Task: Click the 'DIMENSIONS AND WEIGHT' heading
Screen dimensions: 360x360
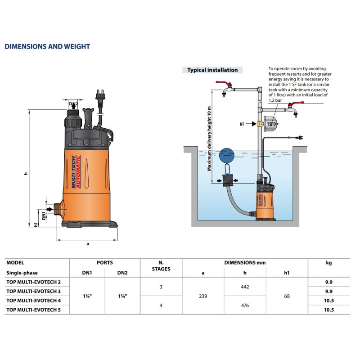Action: pyautogui.click(x=47, y=47)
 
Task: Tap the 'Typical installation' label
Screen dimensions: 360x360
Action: pyautogui.click(x=212, y=70)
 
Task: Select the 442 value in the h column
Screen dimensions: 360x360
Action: pyautogui.click(x=245, y=287)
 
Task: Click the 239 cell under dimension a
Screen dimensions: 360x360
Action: pyautogui.click(x=203, y=296)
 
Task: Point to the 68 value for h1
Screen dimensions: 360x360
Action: pyautogui.click(x=287, y=296)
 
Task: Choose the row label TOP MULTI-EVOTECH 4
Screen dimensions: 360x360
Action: pyautogui.click(x=33, y=300)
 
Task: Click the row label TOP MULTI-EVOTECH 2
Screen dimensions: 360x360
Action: pyautogui.click(x=33, y=282)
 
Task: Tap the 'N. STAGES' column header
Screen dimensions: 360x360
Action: pyautogui.click(x=161, y=266)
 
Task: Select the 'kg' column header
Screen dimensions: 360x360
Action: pyautogui.click(x=328, y=262)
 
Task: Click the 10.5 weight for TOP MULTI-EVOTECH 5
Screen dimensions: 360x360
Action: pyautogui.click(x=328, y=310)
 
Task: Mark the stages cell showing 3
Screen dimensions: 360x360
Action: pyautogui.click(x=161, y=287)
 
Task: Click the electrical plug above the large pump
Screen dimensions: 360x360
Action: pyautogui.click(x=99, y=97)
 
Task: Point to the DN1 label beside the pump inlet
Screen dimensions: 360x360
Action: pyautogui.click(x=44, y=210)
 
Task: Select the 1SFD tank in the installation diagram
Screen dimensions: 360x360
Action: pyautogui.click(x=271, y=124)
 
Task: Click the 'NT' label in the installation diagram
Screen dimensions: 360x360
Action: pyautogui.click(x=242, y=124)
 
